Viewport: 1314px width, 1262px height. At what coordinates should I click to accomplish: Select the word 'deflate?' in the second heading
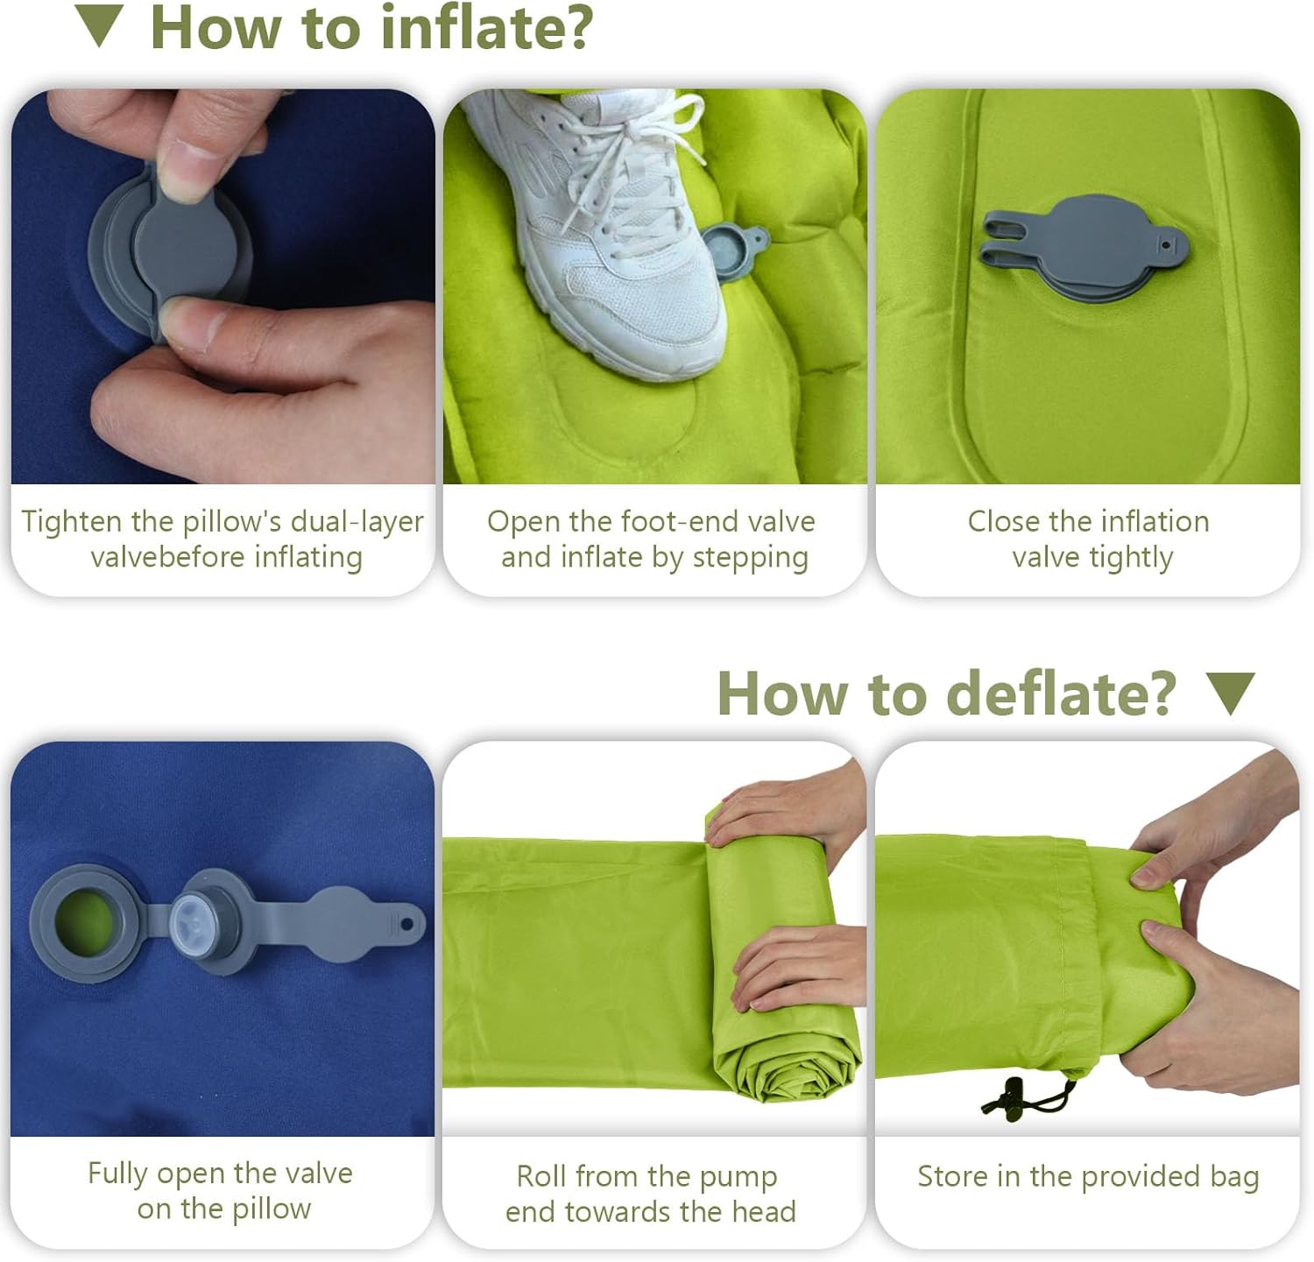click(x=1061, y=693)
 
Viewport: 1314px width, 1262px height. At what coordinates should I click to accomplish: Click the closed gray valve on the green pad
click(x=1084, y=249)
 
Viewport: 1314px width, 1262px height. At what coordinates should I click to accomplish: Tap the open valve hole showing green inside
click(x=84, y=920)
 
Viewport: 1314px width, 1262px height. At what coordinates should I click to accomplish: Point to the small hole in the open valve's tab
click(x=407, y=923)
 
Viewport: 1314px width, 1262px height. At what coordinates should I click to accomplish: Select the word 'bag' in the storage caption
click(x=1234, y=1177)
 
